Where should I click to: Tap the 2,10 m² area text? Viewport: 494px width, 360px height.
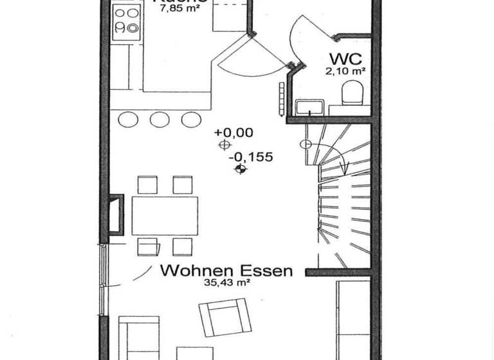pyautogui.click(x=346, y=71)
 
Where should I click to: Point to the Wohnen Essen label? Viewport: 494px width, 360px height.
pyautogui.click(x=226, y=271)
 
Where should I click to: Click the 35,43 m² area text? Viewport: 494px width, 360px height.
pyautogui.click(x=226, y=282)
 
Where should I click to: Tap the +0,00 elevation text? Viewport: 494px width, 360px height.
pyautogui.click(x=234, y=133)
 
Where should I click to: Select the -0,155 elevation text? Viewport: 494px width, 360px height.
pyautogui.click(x=252, y=157)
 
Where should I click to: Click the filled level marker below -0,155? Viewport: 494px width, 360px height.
pyautogui.click(x=241, y=169)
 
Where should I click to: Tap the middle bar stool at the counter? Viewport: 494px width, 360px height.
pyautogui.click(x=160, y=119)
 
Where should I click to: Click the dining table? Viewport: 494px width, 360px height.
pyautogui.click(x=165, y=215)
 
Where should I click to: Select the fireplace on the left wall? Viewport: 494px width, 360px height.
pyautogui.click(x=116, y=213)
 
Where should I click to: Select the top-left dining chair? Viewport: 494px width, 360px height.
pyautogui.click(x=147, y=185)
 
